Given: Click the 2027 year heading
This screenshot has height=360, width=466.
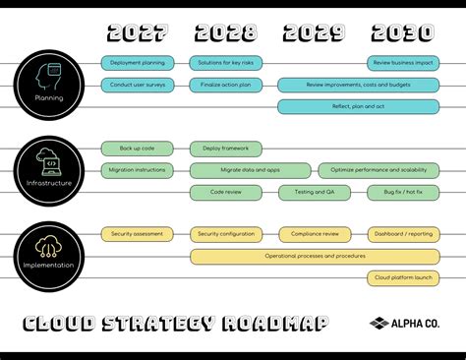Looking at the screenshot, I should pyautogui.click(x=138, y=33).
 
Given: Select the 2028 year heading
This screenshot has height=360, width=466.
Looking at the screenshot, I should pyautogui.click(x=225, y=33).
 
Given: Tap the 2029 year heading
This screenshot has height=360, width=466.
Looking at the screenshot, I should pyautogui.click(x=314, y=33).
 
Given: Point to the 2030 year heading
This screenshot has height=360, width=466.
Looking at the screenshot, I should pyautogui.click(x=402, y=33).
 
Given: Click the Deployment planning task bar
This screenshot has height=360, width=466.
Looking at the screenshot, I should pyautogui.click(x=138, y=63).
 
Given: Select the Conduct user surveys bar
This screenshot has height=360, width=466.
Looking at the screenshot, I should pyautogui.click(x=138, y=85).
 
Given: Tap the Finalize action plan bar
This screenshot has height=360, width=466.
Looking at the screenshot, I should pyautogui.click(x=225, y=85).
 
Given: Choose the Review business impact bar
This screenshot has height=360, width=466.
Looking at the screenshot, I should pyautogui.click(x=404, y=63).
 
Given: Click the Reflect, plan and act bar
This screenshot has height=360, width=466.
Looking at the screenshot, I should pyautogui.click(x=358, y=106).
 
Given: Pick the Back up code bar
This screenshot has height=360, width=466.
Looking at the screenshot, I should pyautogui.click(x=138, y=149).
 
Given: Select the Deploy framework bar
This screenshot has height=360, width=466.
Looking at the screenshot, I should pyautogui.click(x=225, y=149).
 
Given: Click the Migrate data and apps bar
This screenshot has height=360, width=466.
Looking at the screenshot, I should pyautogui.click(x=250, y=170).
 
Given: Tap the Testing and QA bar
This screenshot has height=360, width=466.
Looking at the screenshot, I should pyautogui.click(x=315, y=192).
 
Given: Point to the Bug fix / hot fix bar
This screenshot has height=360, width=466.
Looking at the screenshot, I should pyautogui.click(x=404, y=192).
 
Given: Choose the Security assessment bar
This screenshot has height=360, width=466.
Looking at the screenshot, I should pyautogui.click(x=138, y=234).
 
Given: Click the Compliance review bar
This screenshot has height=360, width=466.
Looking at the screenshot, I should pyautogui.click(x=315, y=234).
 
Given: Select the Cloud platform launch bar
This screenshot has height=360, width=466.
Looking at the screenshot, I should pyautogui.click(x=404, y=277).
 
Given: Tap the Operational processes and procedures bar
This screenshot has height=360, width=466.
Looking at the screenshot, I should pyautogui.click(x=315, y=256).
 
